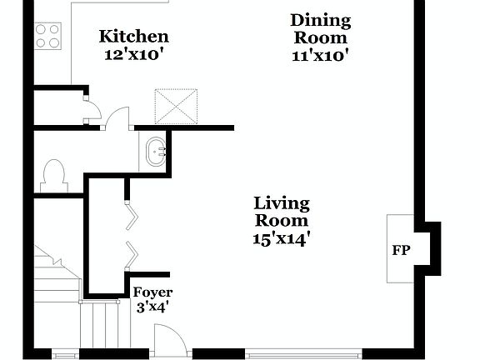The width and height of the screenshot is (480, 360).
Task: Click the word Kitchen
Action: click(133, 37)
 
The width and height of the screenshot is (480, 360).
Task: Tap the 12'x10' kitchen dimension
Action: click(133, 54)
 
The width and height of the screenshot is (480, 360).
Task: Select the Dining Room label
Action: click(320, 29)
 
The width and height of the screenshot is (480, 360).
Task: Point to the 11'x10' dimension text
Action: click(320, 56)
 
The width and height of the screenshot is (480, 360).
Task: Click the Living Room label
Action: click(281, 212)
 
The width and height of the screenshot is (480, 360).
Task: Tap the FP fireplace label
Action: click(401, 250)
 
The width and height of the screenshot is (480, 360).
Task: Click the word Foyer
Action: click(152, 292)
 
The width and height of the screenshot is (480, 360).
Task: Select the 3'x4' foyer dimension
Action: click(152, 306)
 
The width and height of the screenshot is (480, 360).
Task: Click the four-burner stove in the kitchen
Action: click(48, 34)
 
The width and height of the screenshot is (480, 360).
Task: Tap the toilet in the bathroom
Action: click(52, 176)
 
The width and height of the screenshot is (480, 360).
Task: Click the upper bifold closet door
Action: click(132, 215)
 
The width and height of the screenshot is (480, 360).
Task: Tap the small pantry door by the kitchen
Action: click(92, 108)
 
